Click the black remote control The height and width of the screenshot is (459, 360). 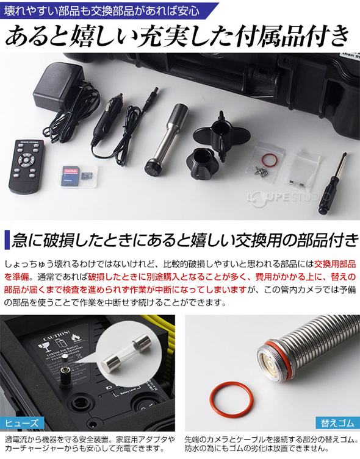click(26, 166)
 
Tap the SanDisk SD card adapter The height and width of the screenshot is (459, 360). click(71, 176)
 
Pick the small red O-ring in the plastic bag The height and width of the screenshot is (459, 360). click(270, 160)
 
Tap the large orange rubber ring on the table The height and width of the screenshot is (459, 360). click(231, 399)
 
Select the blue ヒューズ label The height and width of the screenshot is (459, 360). click(22, 423)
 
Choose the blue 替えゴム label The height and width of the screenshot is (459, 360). click(338, 423)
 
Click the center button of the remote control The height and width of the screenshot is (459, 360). click(26, 160)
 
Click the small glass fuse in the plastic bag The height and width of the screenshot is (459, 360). click(293, 183)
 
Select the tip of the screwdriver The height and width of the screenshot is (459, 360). click(345, 154)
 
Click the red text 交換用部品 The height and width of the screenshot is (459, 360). click(334, 264)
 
